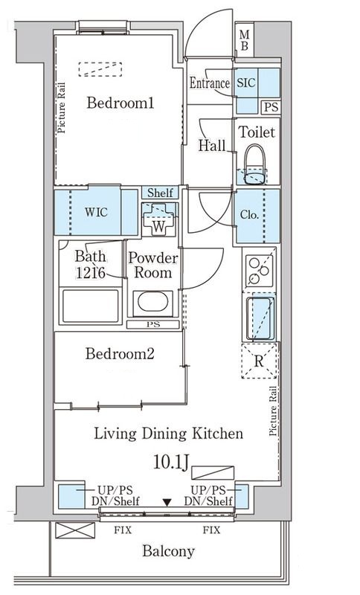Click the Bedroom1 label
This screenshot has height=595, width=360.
(120, 103)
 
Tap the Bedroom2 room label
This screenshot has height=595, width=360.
(120, 354)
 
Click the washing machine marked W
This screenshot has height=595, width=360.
(159, 219)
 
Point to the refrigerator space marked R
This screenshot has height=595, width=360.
(259, 361)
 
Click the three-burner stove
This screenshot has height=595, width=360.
(259, 270)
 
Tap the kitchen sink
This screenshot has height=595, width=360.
(260, 319)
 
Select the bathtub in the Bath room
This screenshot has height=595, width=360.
(90, 306)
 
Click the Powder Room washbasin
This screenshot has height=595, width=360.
(153, 303)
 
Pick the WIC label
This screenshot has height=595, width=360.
(96, 212)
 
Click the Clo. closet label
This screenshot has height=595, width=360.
(249, 215)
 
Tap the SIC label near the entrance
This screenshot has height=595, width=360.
(246, 83)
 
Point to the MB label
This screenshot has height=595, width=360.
(245, 40)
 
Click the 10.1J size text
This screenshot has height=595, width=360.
(171, 462)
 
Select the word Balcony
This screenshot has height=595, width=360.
(168, 550)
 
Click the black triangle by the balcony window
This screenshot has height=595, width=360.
(167, 503)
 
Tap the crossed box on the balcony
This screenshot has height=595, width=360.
(75, 530)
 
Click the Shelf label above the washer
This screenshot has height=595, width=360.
(160, 193)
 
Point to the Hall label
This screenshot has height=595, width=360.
(212, 145)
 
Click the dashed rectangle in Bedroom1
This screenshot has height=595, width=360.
(100, 69)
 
